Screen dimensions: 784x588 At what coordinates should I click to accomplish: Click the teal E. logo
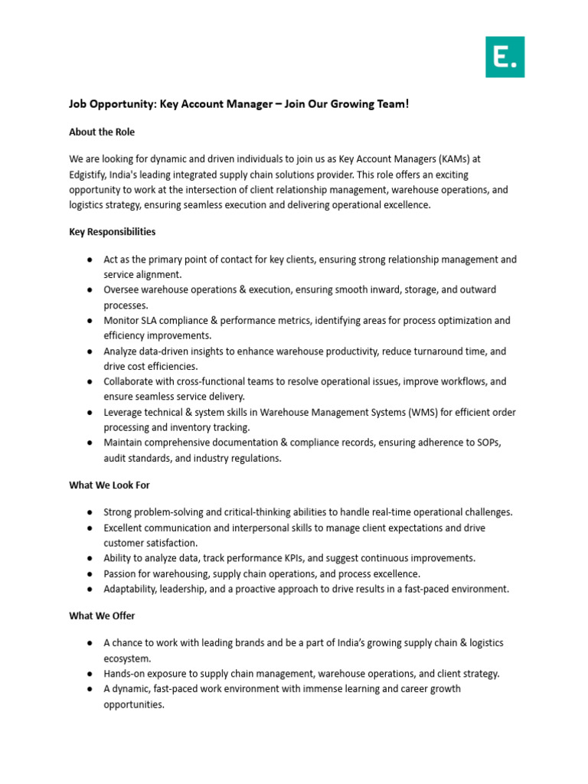(505, 56)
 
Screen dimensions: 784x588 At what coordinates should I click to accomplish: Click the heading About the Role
(102, 132)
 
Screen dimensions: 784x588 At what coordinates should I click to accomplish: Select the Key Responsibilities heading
(113, 231)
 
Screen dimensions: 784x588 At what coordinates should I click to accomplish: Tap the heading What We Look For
(109, 485)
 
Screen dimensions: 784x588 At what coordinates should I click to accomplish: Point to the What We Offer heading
(102, 616)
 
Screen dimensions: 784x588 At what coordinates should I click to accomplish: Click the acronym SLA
(153, 321)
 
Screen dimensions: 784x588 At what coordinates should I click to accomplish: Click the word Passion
(122, 573)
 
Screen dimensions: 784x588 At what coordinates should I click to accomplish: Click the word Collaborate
(129, 381)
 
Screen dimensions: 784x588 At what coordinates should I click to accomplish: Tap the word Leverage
(124, 412)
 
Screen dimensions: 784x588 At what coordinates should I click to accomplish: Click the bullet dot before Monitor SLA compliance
(90, 321)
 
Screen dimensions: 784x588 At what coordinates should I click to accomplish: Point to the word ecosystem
(127, 658)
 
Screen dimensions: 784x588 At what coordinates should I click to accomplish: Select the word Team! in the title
(392, 104)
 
